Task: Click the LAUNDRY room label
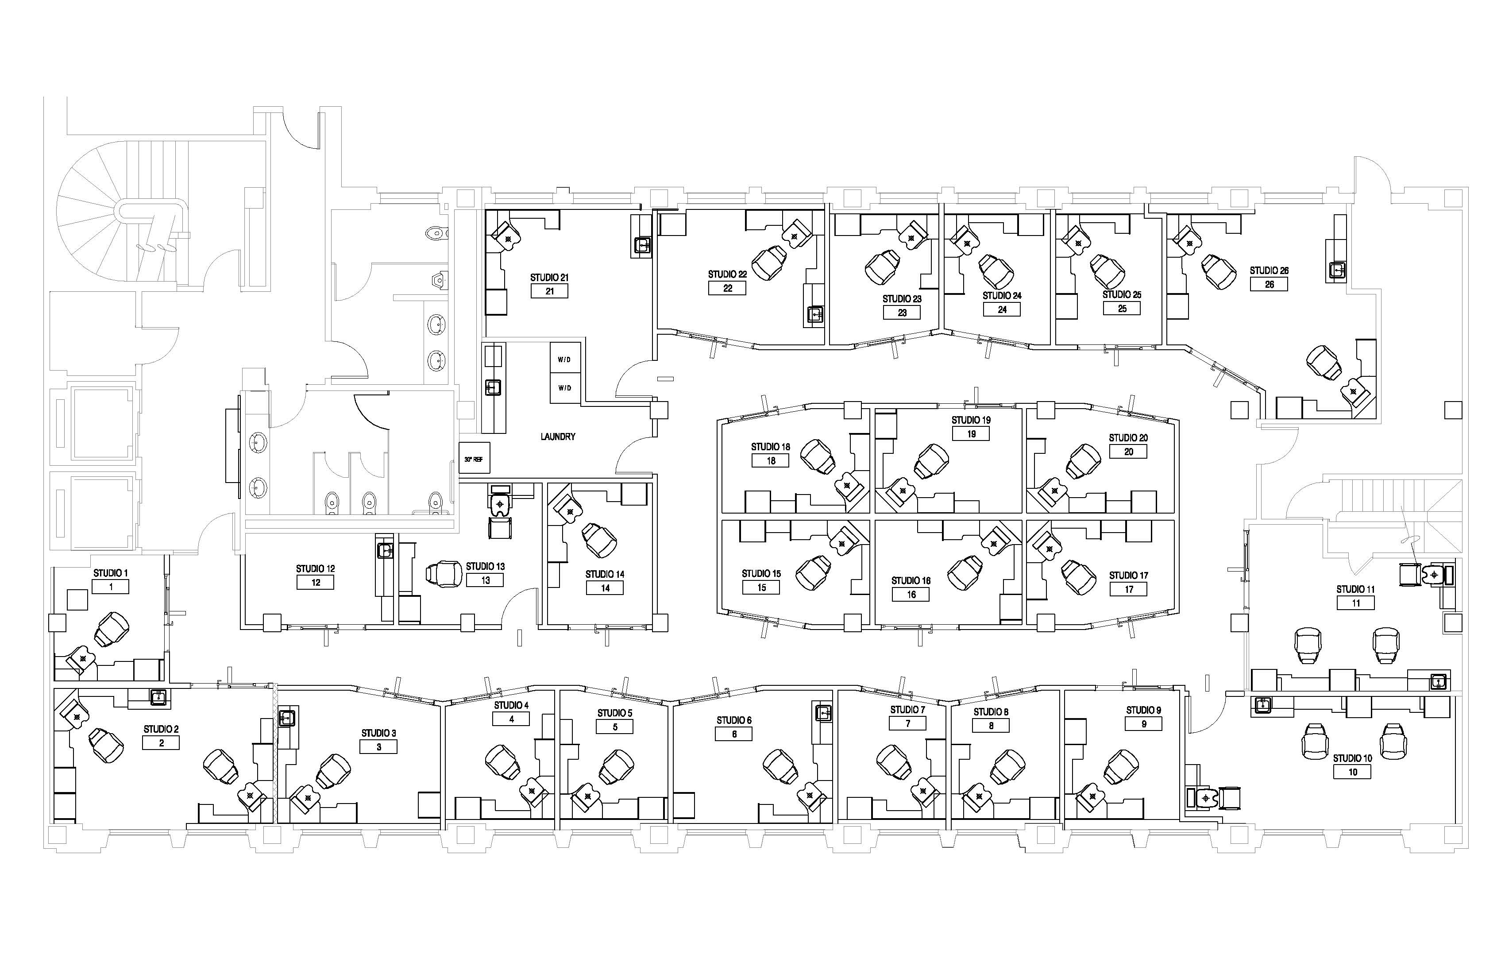pyautogui.click(x=558, y=437)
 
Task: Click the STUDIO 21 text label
pyautogui.click(x=549, y=277)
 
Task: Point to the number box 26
pyautogui.click(x=1269, y=285)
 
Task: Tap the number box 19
pyautogui.click(x=971, y=434)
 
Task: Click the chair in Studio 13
pyautogui.click(x=444, y=574)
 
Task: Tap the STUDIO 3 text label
pyautogui.click(x=379, y=733)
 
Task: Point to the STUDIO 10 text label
pyautogui.click(x=1353, y=758)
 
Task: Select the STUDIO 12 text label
pyautogui.click(x=316, y=568)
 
